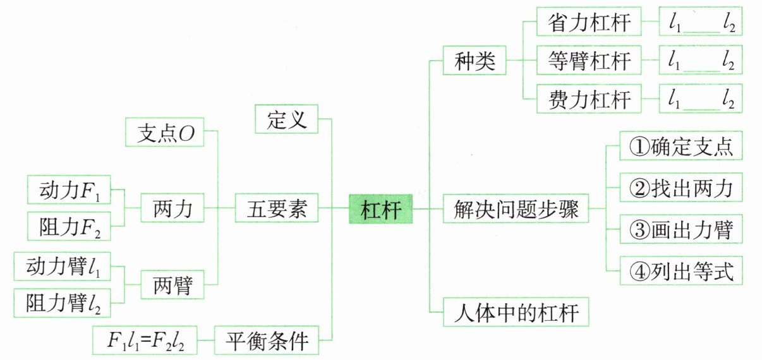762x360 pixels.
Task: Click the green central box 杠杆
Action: [x=381, y=209]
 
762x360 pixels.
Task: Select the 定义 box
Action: [x=286, y=119]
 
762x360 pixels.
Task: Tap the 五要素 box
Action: [x=275, y=209]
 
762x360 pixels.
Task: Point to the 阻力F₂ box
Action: [x=70, y=225]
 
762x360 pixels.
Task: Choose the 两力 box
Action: [x=172, y=209]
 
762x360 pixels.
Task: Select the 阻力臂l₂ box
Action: [x=62, y=302]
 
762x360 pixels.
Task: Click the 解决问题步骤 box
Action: [x=517, y=209]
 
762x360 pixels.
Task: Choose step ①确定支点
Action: [x=680, y=147]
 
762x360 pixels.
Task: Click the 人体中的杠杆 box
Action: [x=516, y=312]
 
